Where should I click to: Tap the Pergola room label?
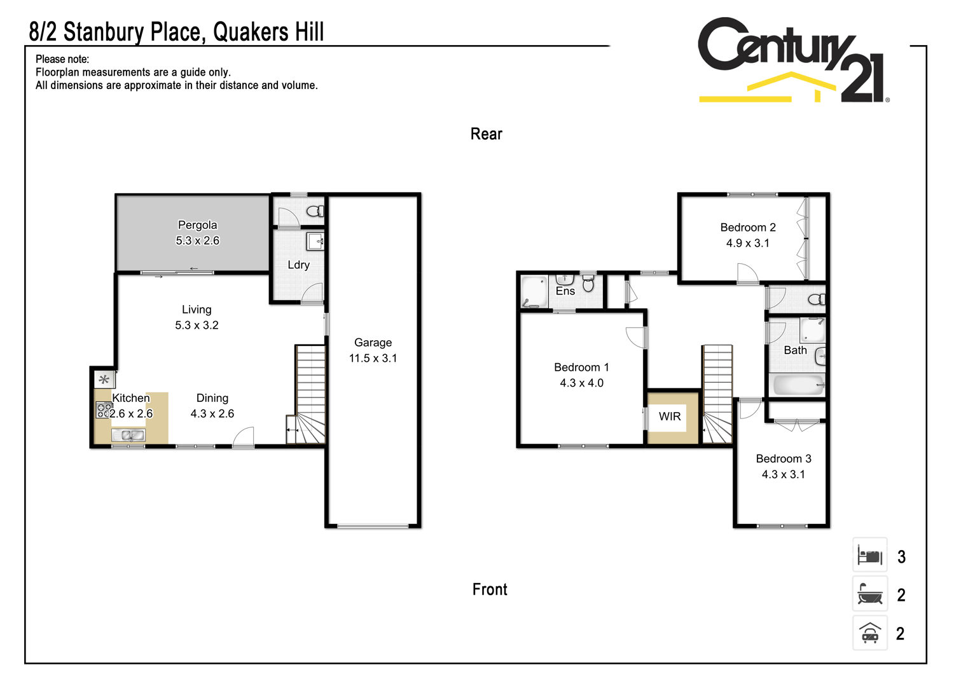[197, 225]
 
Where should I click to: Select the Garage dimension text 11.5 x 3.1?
[373, 358]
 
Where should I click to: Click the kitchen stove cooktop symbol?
[103, 410]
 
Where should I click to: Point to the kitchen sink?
[128, 436]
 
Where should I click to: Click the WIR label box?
[670, 416]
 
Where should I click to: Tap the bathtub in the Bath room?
[797, 384]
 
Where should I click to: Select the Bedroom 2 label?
[748, 228]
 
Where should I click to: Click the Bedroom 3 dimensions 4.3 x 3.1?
[783, 474]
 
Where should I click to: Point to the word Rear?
[487, 134]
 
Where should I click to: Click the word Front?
[490, 589]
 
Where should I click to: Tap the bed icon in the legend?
[870, 556]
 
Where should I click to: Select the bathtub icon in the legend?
[870, 595]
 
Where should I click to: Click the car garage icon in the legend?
[870, 633]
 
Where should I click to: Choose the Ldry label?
[298, 265]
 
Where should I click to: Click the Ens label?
[565, 291]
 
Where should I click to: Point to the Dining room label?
[212, 398]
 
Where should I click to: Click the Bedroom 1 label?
[581, 368]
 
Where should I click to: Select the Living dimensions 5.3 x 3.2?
[197, 325]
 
